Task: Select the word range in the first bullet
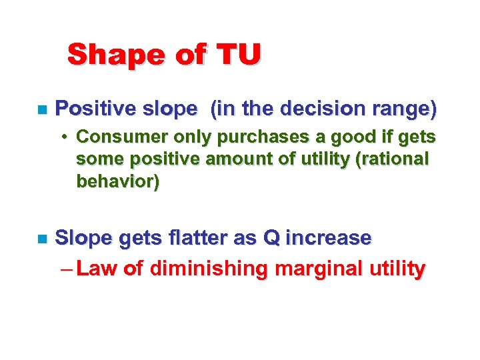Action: tap(405, 107)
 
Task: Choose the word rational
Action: tap(395, 160)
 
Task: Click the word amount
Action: tap(235, 160)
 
